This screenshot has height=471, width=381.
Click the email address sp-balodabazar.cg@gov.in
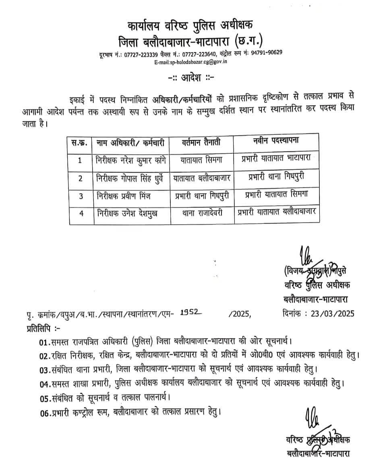[x=190, y=62]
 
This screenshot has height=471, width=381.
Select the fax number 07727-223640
[x=200, y=54]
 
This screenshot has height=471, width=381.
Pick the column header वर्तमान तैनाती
[x=201, y=142]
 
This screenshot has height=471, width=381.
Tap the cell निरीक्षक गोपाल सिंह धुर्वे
[x=130, y=178]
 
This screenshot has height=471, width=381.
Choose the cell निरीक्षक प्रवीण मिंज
[x=122, y=196]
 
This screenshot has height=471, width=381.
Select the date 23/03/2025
[x=329, y=314]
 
